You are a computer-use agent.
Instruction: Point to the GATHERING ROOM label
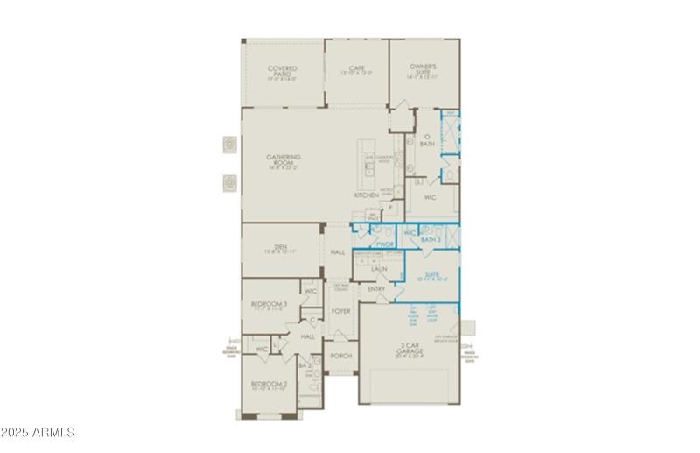tap(283, 160)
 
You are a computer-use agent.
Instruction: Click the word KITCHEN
tap(366, 195)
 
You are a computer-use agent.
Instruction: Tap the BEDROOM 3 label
tap(269, 306)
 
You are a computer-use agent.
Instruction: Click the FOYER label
tap(340, 311)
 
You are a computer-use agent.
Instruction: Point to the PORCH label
tap(340, 356)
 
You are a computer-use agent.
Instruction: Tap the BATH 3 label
tap(430, 238)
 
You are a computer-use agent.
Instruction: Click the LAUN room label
tap(379, 270)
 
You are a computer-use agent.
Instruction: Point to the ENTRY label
tap(376, 289)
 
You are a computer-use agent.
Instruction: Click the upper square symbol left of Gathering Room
tap(228, 144)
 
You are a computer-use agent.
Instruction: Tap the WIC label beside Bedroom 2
tap(261, 349)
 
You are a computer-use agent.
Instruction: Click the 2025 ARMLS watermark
tap(39, 433)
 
